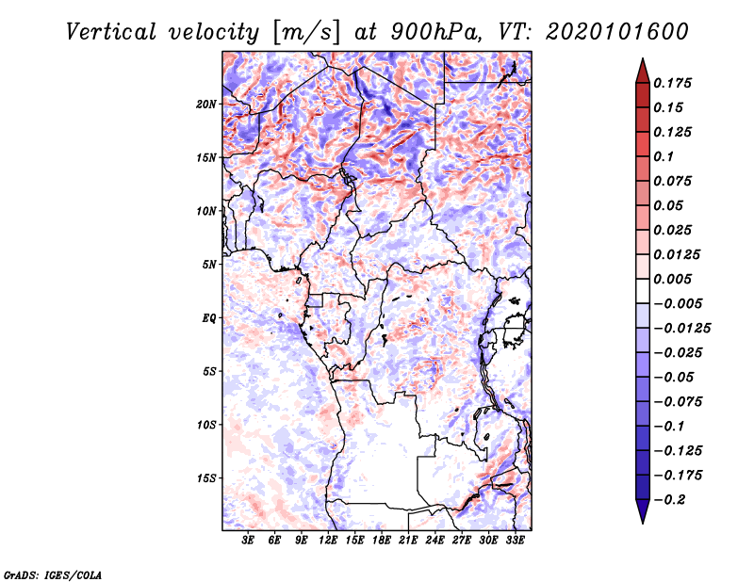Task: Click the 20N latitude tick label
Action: tap(206, 104)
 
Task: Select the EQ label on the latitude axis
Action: tap(208, 318)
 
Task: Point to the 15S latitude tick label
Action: tap(206, 478)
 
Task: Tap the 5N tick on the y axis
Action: tap(209, 265)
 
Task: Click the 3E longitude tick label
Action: tap(249, 542)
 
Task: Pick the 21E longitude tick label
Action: tap(409, 542)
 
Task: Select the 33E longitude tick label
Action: tap(515, 542)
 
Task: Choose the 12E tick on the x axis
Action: tap(329, 542)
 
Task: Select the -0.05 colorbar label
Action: tap(675, 377)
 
